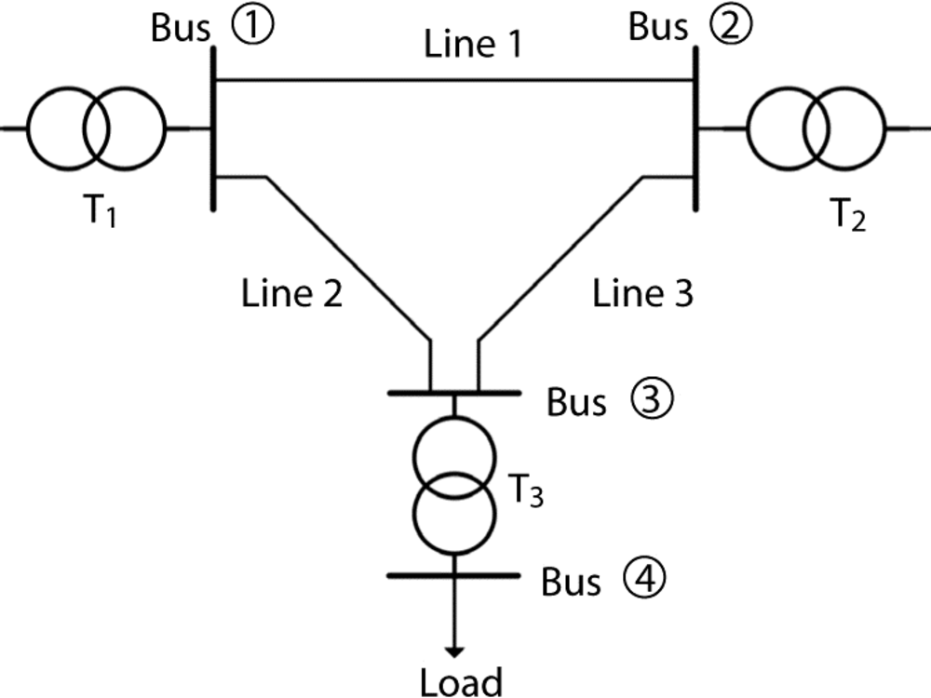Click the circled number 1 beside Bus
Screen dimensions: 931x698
point(252,27)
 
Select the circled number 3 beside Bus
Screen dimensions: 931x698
point(652,399)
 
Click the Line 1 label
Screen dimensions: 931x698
point(473,44)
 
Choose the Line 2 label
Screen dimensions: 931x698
point(291,293)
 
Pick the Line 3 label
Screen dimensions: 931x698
point(643,293)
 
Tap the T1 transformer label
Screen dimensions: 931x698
point(100,211)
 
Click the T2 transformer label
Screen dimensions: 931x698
point(847,214)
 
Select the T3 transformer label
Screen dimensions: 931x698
point(526,490)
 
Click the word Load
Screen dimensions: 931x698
point(462,682)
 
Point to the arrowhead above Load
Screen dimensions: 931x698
point(454,651)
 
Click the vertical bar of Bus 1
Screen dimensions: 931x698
point(213,128)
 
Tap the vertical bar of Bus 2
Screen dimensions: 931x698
point(695,128)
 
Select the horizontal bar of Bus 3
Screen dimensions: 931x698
point(454,393)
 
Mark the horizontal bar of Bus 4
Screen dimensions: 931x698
point(454,575)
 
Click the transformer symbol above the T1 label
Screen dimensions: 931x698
point(97,128)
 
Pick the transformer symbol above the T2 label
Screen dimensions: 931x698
point(816,128)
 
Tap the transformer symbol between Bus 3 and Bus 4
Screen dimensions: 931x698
point(454,486)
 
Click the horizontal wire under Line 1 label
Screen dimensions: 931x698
point(454,79)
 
